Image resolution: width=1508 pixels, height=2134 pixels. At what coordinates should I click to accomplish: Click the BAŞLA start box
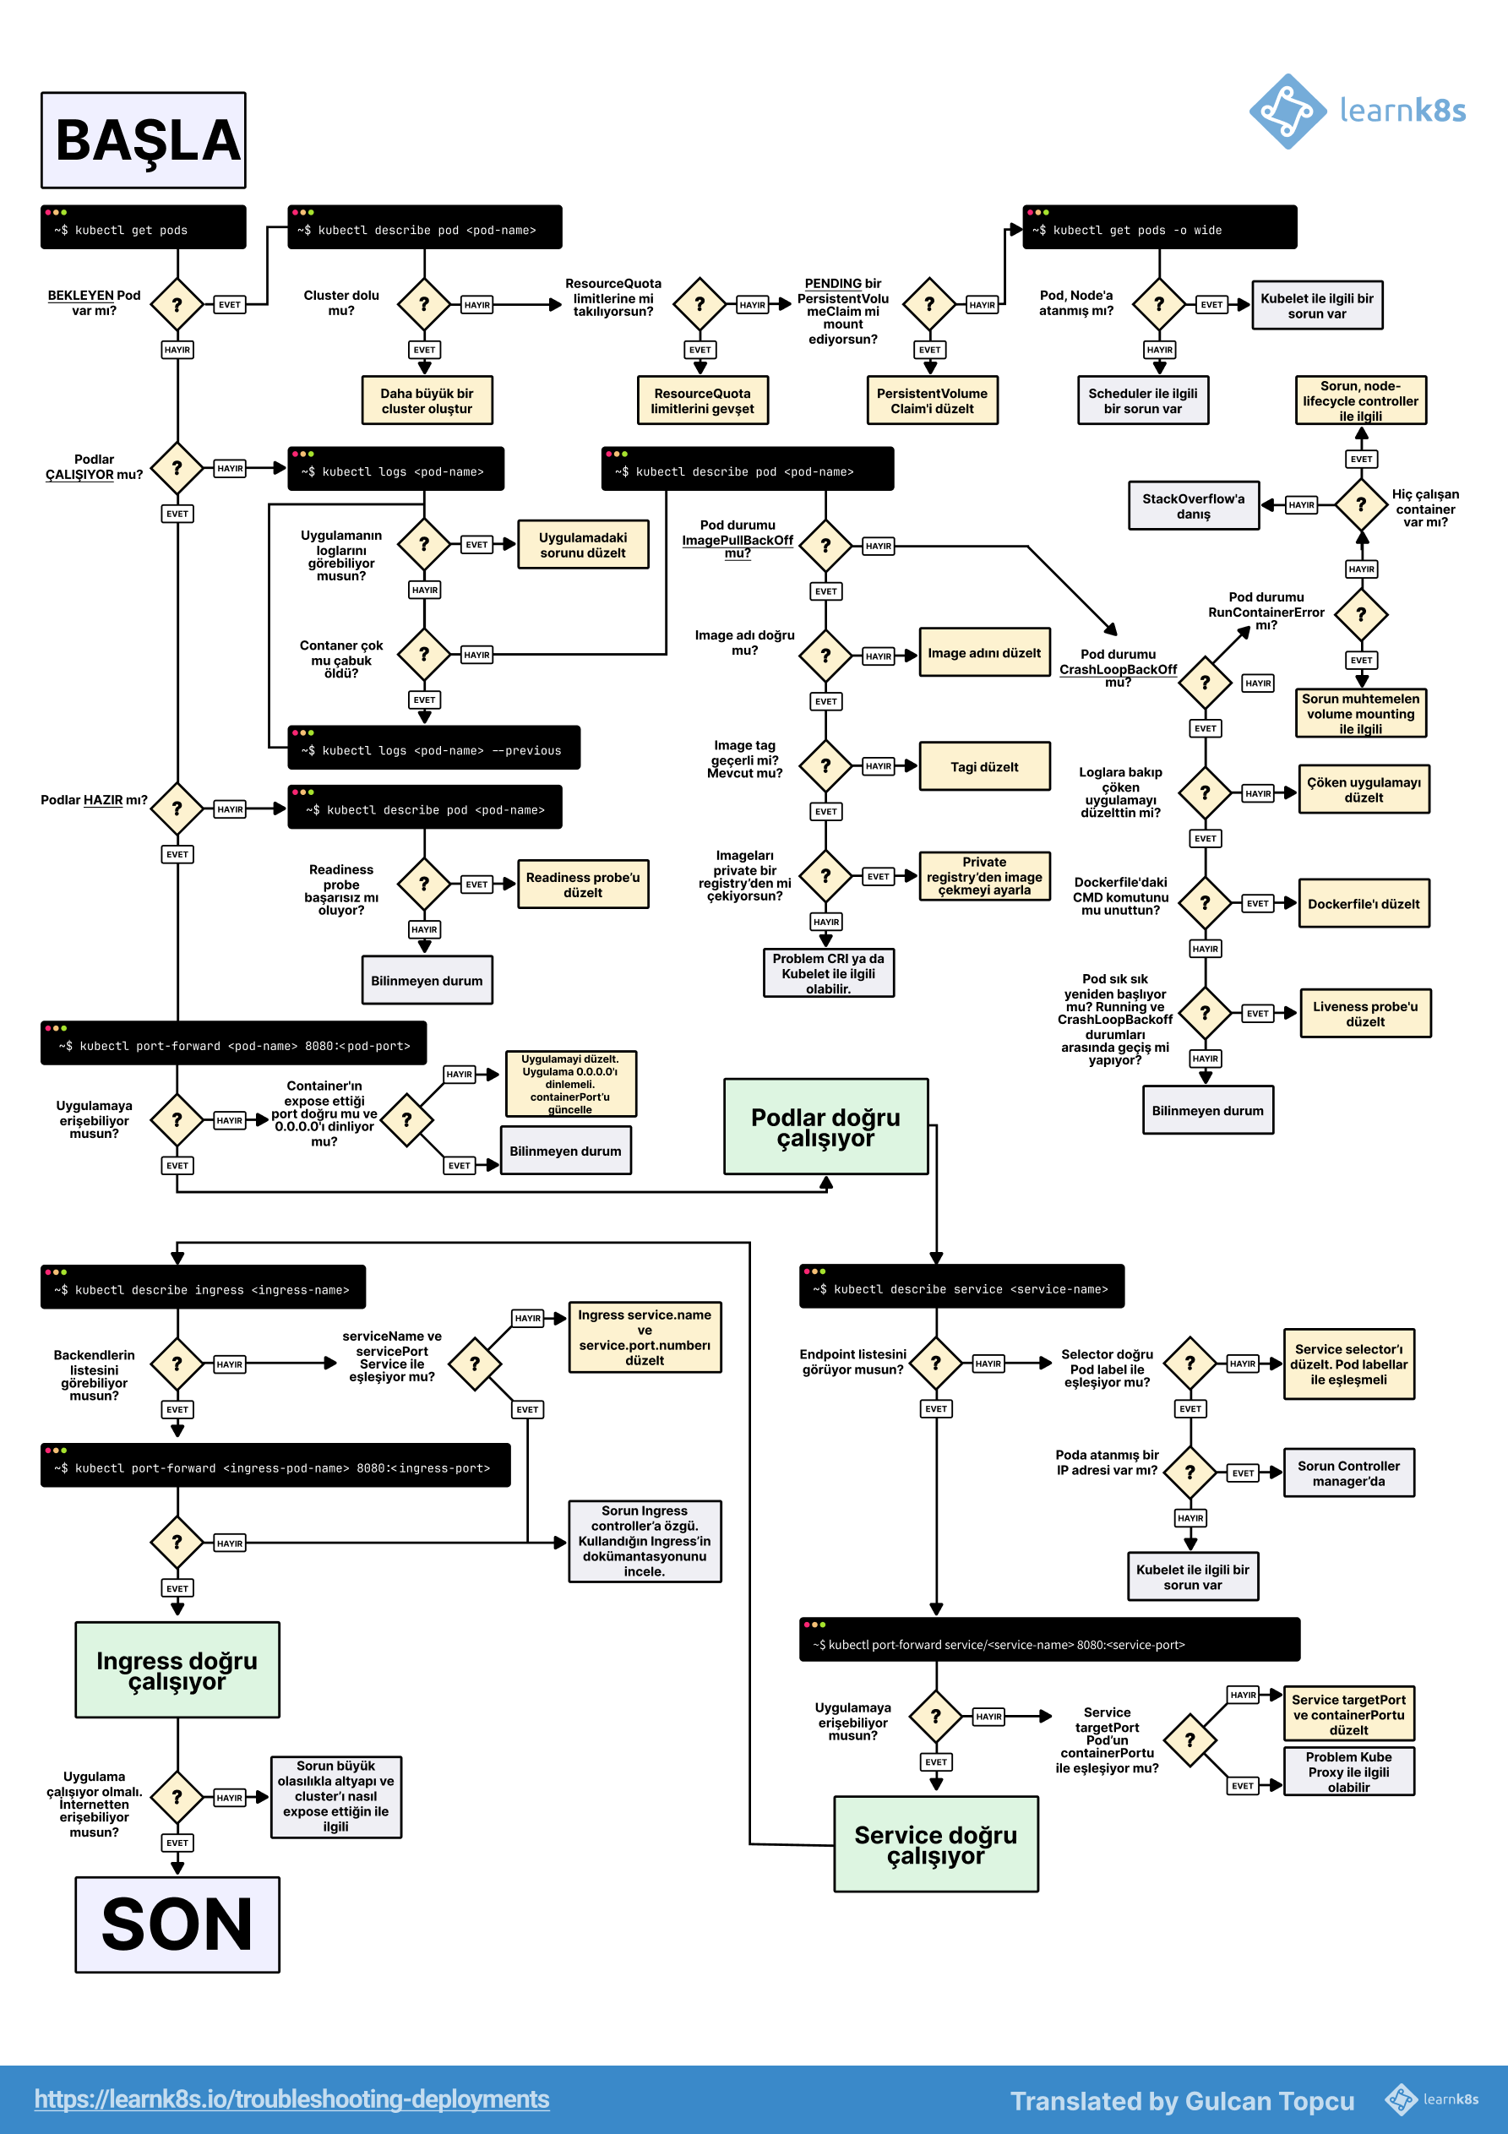[x=143, y=140]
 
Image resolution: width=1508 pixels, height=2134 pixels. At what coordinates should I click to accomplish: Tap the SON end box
[x=177, y=1924]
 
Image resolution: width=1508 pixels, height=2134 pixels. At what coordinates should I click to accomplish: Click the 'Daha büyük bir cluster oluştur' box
[x=427, y=400]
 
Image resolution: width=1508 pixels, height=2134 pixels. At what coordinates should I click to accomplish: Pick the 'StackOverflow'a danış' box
[x=1193, y=505]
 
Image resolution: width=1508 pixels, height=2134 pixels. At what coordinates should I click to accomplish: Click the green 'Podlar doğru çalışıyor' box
[x=825, y=1126]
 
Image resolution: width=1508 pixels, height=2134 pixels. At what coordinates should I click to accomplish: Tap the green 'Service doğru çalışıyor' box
[x=935, y=1844]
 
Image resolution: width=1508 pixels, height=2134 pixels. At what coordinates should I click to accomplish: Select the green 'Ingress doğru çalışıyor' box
[x=177, y=1670]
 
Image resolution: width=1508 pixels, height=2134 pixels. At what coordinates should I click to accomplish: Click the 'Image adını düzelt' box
[x=983, y=652]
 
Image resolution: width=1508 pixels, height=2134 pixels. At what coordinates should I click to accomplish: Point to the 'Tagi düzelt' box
[x=983, y=767]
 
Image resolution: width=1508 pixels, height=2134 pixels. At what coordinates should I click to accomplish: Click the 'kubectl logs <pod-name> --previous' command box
[x=433, y=749]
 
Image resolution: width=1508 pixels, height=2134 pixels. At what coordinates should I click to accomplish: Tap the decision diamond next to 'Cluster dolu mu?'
[x=424, y=304]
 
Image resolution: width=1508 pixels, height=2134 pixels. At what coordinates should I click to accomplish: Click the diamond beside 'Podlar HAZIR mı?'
[x=177, y=808]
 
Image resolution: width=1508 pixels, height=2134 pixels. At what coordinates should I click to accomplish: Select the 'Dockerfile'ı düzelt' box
[x=1363, y=903]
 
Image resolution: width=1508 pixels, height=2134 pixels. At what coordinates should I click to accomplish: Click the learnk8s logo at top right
[x=1358, y=112]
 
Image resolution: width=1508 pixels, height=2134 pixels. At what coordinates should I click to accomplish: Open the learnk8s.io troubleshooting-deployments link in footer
[x=292, y=2099]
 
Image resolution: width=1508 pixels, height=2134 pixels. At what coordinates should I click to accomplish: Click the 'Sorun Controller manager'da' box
[x=1348, y=1473]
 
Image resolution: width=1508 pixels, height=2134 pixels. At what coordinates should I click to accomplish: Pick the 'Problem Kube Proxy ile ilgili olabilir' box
[x=1348, y=1772]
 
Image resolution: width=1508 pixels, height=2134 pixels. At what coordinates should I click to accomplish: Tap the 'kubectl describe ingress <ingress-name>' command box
[x=203, y=1288]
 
